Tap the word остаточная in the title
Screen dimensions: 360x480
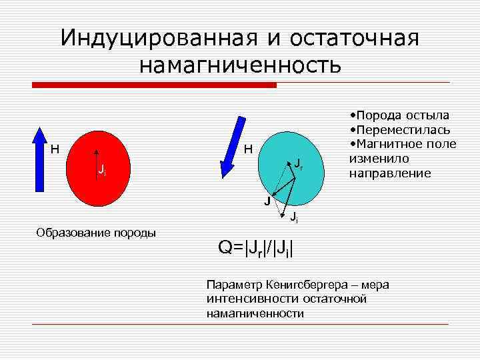coord(355,38)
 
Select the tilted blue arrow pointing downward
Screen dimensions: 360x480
coord(228,147)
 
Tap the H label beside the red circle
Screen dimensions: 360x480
coord(55,148)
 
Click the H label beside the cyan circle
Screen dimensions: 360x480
coord(247,148)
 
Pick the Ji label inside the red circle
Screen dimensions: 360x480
coord(101,171)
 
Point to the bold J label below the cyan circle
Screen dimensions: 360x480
coord(266,201)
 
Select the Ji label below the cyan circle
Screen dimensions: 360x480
coord(294,217)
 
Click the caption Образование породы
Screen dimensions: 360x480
coord(97,232)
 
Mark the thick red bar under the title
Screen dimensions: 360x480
coord(154,85)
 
